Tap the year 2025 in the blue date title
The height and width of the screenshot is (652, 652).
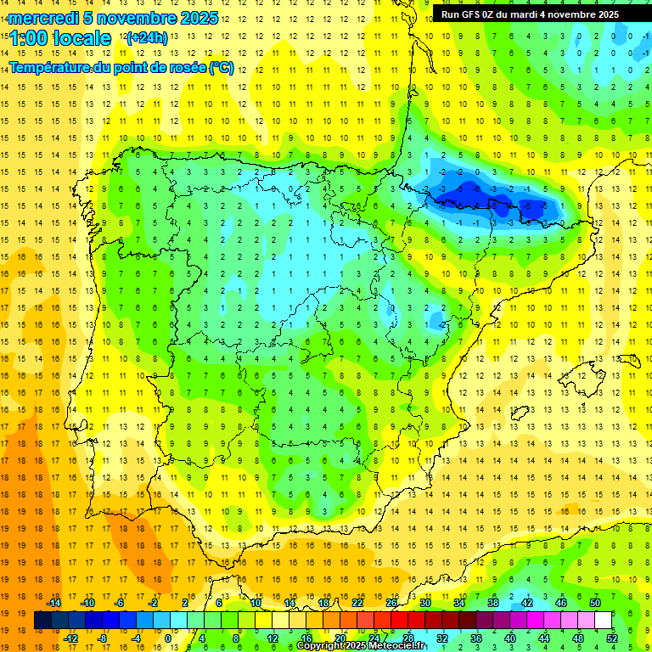coord(196,18)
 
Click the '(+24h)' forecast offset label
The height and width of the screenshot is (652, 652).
coord(146,38)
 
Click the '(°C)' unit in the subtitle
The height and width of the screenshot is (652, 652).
coord(222,66)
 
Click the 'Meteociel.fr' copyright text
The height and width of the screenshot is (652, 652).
coord(396,646)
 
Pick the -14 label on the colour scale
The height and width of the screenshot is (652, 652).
coord(53,603)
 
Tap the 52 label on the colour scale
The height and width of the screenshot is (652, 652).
coord(612,638)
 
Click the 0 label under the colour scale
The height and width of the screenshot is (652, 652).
coord(169,638)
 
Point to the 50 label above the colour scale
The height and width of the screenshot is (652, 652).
coord(595,603)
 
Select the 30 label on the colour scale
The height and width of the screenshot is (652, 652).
coord(425,603)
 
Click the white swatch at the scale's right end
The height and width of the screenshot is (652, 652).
coord(604,621)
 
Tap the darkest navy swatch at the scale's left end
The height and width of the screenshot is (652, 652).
coord(42,621)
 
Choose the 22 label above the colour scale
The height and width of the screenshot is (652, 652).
coord(357,603)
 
